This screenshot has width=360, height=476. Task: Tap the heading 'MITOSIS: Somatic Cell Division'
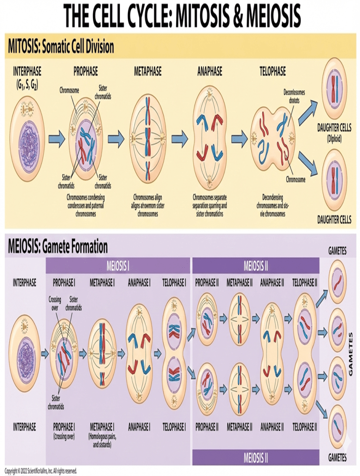click(61, 47)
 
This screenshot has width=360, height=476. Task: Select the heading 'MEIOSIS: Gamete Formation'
click(58, 246)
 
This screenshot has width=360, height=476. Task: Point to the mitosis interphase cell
click(27, 139)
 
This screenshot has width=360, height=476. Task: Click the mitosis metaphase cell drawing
click(147, 138)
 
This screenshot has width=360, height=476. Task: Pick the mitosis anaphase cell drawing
click(210, 138)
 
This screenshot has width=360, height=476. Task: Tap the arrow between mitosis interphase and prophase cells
click(57, 139)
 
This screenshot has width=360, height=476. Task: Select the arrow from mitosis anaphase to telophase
click(239, 139)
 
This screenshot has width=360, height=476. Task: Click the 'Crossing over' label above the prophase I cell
click(55, 304)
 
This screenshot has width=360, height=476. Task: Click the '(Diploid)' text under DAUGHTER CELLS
click(334, 138)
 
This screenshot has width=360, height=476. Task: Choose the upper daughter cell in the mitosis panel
click(334, 88)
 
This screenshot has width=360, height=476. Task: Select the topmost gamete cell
click(337, 282)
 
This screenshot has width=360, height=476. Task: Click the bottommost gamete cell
click(337, 426)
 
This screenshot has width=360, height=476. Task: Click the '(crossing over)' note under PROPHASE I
click(64, 436)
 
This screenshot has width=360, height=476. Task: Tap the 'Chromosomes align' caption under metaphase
click(147, 197)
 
